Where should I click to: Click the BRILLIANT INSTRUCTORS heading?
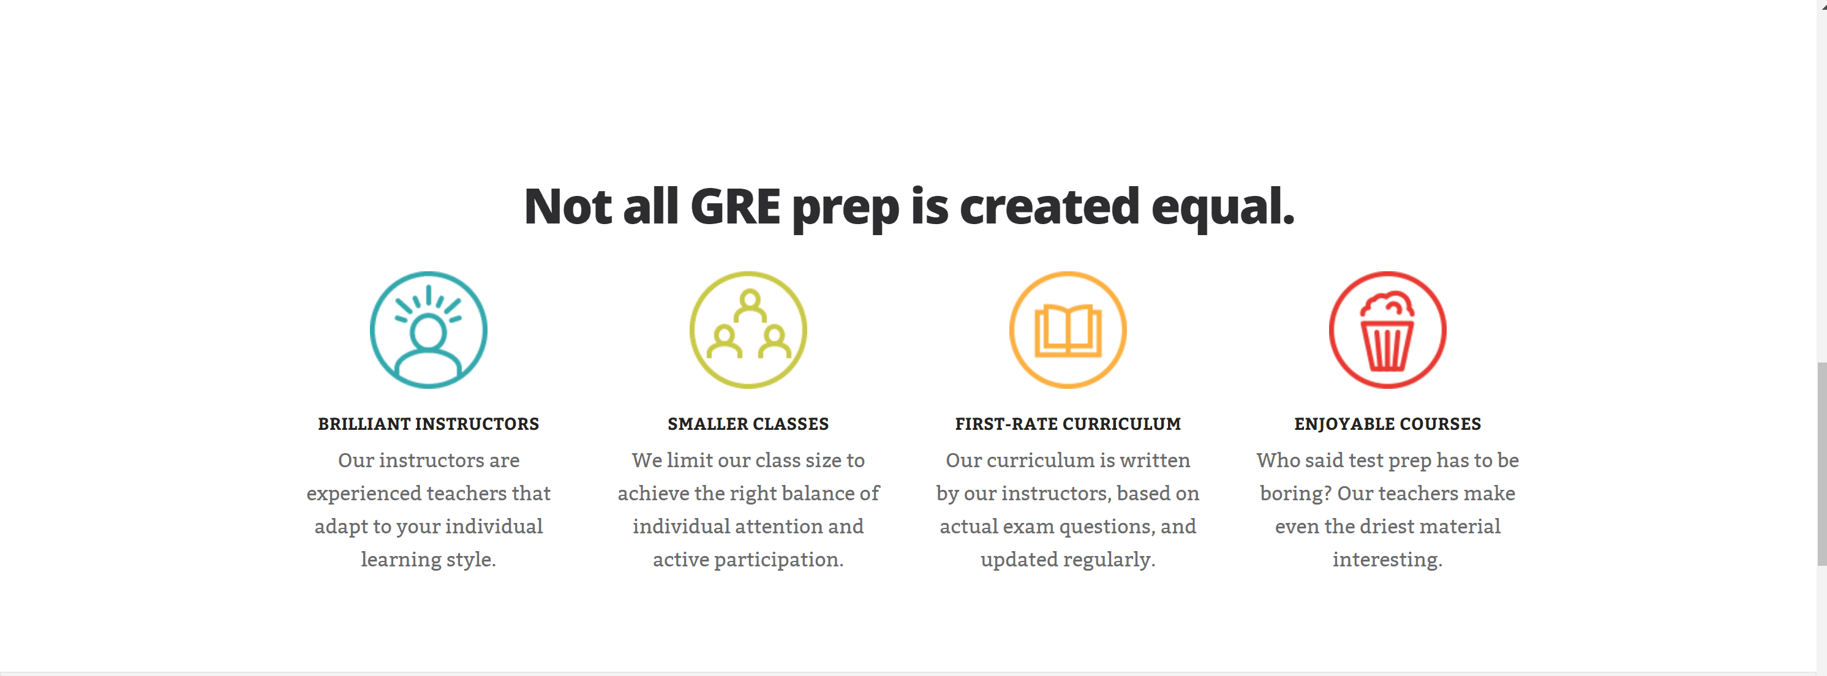(428, 424)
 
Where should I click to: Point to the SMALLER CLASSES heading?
(748, 424)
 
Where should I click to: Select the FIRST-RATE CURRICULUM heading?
(1068, 424)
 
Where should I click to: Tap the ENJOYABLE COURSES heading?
(1388, 424)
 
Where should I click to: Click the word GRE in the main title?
(735, 206)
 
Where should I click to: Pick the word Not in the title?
(567, 206)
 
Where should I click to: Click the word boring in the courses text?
(1294, 494)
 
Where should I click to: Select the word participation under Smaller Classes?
(778, 560)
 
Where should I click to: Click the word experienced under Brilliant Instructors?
(364, 494)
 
